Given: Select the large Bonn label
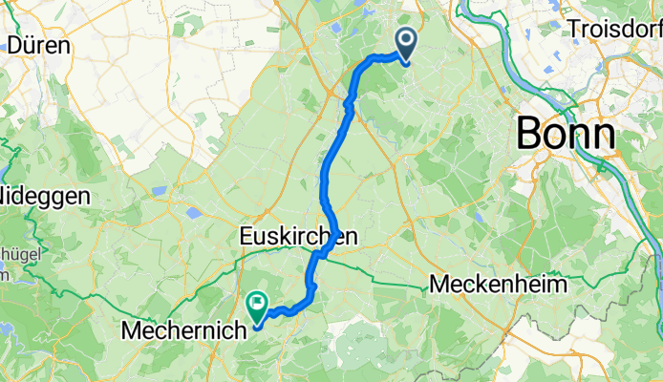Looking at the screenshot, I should point(566,133).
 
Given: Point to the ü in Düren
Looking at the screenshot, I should point(29,45).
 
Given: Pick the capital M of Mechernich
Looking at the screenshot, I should point(130,330).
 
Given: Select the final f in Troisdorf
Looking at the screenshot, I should point(656,29).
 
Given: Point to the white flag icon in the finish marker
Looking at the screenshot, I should point(257,305).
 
